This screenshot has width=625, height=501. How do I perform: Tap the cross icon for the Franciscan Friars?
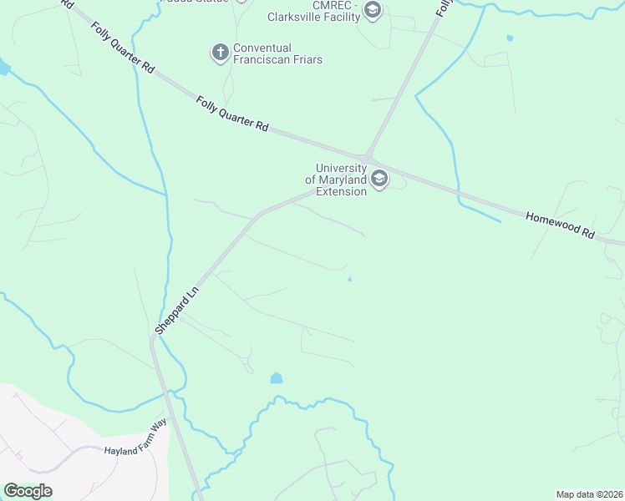(x=220, y=53)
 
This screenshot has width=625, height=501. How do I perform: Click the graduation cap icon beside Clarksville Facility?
(x=373, y=10)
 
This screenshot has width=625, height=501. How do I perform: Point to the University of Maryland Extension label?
(x=336, y=180)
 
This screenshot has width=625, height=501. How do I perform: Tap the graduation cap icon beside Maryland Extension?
(x=379, y=179)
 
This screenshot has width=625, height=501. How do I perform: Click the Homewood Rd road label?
(x=559, y=226)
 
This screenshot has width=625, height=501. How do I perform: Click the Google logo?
(x=28, y=491)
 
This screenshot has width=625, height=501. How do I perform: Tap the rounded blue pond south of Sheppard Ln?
(x=277, y=378)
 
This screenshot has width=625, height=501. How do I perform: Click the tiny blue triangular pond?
(x=349, y=279)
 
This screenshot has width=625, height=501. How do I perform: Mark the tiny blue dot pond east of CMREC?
(x=510, y=38)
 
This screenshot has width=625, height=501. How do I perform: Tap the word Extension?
(x=341, y=191)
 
